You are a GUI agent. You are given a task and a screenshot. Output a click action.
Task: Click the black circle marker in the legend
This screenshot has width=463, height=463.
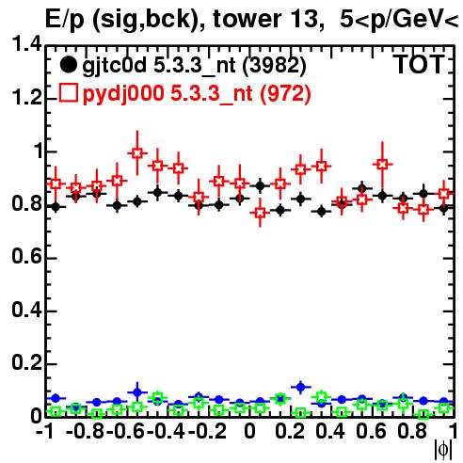pyautogui.click(x=68, y=65)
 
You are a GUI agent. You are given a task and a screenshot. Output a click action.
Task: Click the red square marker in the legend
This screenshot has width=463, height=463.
pyautogui.click(x=68, y=93)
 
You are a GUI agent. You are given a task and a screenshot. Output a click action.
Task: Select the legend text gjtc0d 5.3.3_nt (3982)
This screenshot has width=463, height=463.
pyautogui.click(x=194, y=66)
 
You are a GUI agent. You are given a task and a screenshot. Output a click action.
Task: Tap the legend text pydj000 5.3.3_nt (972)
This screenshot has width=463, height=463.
pyautogui.click(x=197, y=94)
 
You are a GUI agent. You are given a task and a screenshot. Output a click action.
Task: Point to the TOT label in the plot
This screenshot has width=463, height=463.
pyautogui.click(x=420, y=64)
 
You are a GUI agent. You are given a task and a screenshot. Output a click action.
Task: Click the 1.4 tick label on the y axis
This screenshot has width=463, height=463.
pyautogui.click(x=26, y=43)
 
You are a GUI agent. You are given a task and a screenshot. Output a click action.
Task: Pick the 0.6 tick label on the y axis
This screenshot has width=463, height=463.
pyautogui.click(x=26, y=257)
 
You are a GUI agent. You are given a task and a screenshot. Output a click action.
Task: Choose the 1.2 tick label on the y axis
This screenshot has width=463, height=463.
pyautogui.click(x=26, y=97)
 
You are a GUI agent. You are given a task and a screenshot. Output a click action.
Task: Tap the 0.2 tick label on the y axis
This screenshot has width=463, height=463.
pyautogui.click(x=26, y=363)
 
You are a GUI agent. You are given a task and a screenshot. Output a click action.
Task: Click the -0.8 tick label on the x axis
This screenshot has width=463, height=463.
pyautogui.click(x=85, y=431)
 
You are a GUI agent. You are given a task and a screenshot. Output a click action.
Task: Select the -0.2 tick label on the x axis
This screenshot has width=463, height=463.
pyautogui.click(x=207, y=431)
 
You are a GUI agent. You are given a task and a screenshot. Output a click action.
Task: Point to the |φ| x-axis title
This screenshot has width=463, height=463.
pyautogui.click(x=443, y=450)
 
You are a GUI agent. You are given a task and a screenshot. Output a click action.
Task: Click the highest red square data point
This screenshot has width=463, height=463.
pyautogui.click(x=137, y=153)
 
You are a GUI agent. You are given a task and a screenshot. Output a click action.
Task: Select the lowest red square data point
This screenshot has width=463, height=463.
pyautogui.click(x=260, y=213)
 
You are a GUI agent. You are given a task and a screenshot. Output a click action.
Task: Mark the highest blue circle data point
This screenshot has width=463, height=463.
pyautogui.click(x=300, y=387)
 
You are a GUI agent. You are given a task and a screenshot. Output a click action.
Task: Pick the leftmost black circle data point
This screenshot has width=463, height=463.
pyautogui.click(x=56, y=207)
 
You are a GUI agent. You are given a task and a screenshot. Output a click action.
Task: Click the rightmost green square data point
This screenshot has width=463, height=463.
pyautogui.click(x=443, y=408)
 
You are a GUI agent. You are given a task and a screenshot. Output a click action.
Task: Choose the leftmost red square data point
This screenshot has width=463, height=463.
pyautogui.click(x=56, y=184)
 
